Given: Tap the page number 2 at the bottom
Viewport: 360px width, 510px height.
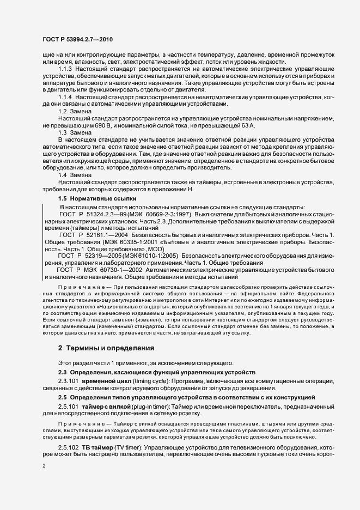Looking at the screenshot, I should click(44, 467).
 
